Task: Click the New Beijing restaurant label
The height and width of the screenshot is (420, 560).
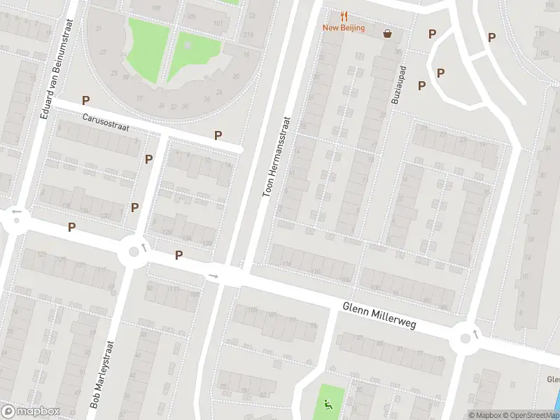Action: [343, 28]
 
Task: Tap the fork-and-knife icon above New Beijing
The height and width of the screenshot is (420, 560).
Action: [343, 15]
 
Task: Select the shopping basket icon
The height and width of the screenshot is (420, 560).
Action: [387, 33]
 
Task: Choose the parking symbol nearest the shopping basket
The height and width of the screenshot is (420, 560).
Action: [432, 34]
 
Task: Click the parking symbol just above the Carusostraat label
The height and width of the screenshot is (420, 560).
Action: [85, 100]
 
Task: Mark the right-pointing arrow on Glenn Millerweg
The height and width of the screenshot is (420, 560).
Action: [213, 276]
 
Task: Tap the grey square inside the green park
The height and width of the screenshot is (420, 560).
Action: [188, 45]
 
